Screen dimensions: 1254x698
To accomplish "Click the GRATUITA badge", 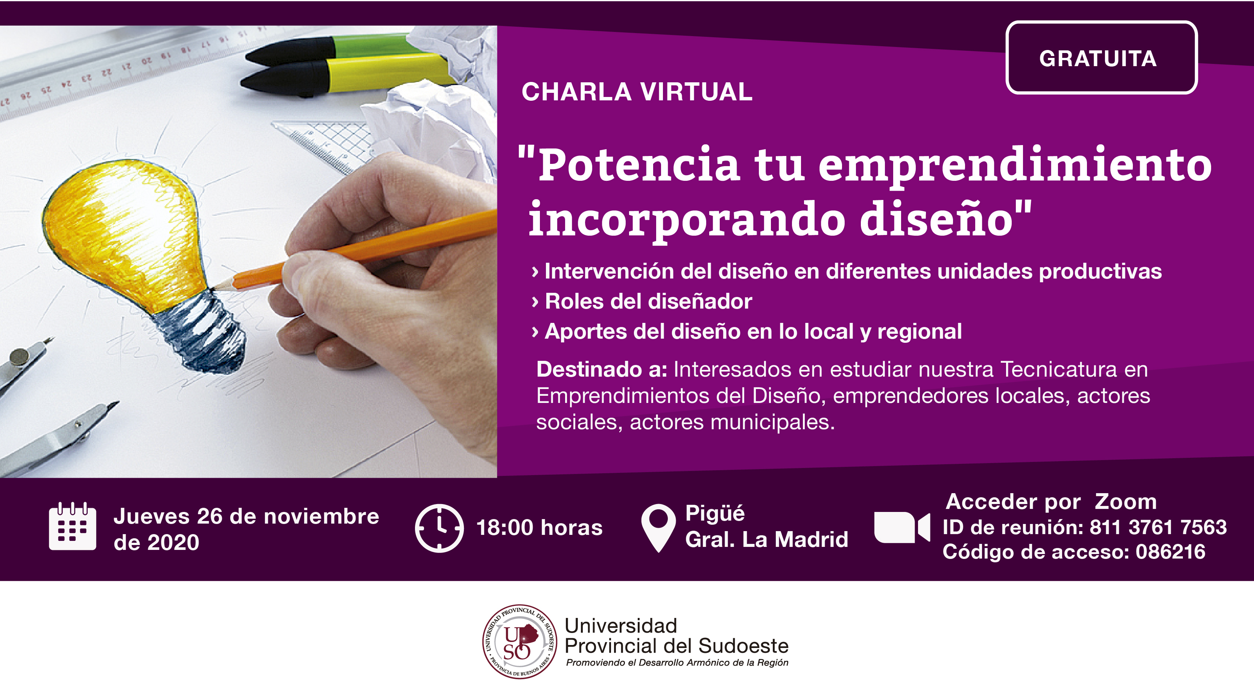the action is (x=1101, y=58).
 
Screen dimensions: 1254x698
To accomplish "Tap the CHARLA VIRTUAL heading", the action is (x=637, y=92).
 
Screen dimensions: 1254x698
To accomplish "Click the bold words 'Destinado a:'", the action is (x=602, y=369).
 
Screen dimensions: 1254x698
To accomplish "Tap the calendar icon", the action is (x=73, y=526).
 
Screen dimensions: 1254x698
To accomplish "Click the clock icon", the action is (x=439, y=528).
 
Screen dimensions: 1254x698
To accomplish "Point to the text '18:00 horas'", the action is (x=540, y=528).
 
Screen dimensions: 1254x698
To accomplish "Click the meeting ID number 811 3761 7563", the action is (x=1158, y=527).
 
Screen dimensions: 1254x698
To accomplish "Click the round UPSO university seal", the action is (x=520, y=642).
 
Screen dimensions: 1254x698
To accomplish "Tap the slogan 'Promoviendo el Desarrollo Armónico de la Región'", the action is (x=677, y=663).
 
